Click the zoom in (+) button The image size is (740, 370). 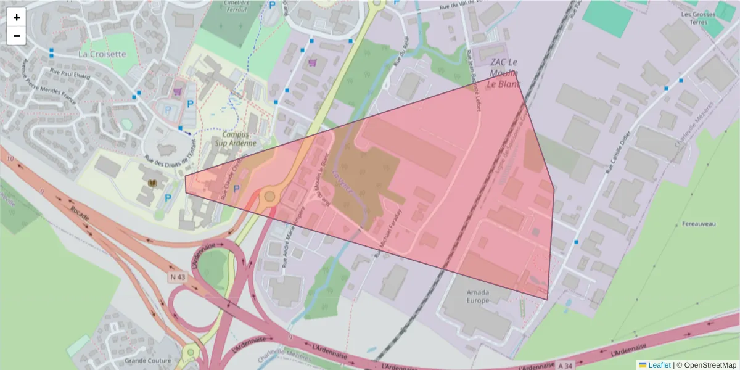coord(17,17)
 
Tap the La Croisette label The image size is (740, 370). coord(102,54)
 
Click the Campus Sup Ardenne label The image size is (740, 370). coord(234,139)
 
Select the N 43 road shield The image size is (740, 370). coord(177,277)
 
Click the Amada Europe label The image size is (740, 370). coord(478,295)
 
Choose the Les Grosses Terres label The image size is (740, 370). coord(698,18)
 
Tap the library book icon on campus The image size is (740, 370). coord(152,184)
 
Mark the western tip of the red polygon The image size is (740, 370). coord(185,177)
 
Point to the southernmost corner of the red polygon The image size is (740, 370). coord(547,300)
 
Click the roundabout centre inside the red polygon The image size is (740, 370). coord(269,197)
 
